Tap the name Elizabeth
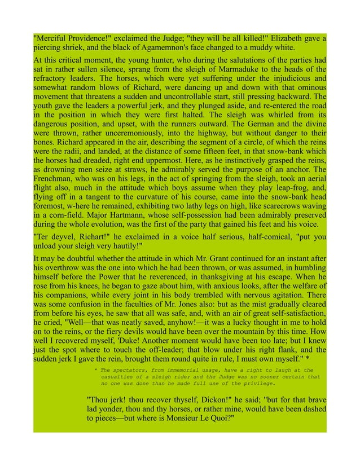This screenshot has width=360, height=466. point(293,38)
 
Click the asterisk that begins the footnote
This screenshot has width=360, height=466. point(96,370)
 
